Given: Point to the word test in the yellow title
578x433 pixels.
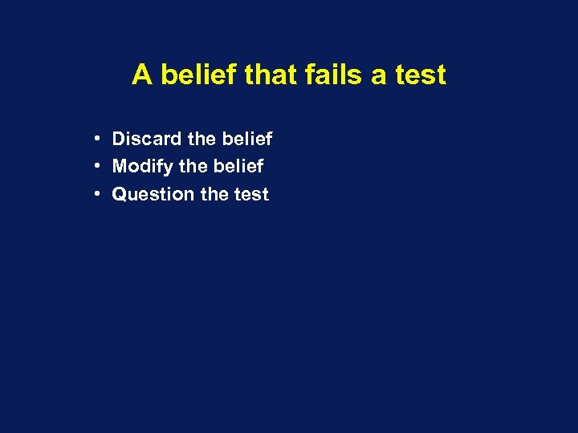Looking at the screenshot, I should pos(420,75).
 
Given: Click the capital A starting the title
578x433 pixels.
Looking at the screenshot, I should pos(142,75).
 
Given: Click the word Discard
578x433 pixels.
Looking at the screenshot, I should pos(147,139).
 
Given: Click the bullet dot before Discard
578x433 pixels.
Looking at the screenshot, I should pos(96,139).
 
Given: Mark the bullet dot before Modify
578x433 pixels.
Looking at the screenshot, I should pos(96,166).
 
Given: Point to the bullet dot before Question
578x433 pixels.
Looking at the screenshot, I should pos(96,193).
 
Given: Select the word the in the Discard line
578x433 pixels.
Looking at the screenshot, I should pos(201,139).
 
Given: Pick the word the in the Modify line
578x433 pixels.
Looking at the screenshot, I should pos(193,166).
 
